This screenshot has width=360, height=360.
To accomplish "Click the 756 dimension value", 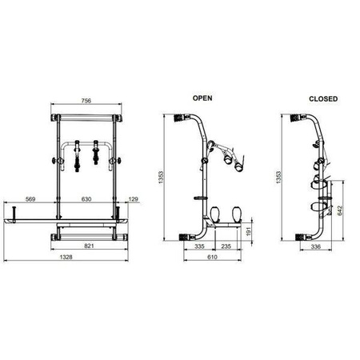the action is (x=86, y=101).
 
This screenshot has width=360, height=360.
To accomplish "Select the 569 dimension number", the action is (x=30, y=199).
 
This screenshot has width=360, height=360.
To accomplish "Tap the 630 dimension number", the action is (x=86, y=199).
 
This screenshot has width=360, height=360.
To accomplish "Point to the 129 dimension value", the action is (x=134, y=199).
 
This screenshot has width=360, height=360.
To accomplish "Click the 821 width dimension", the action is (x=89, y=246).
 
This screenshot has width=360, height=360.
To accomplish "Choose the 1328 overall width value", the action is (x=66, y=257).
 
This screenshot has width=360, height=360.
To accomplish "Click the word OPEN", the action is (x=202, y=98).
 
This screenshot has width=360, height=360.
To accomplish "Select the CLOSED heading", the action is (x=323, y=98).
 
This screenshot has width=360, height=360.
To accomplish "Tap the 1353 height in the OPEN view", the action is (x=161, y=178).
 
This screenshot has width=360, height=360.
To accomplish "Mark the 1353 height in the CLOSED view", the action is (x=278, y=178).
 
